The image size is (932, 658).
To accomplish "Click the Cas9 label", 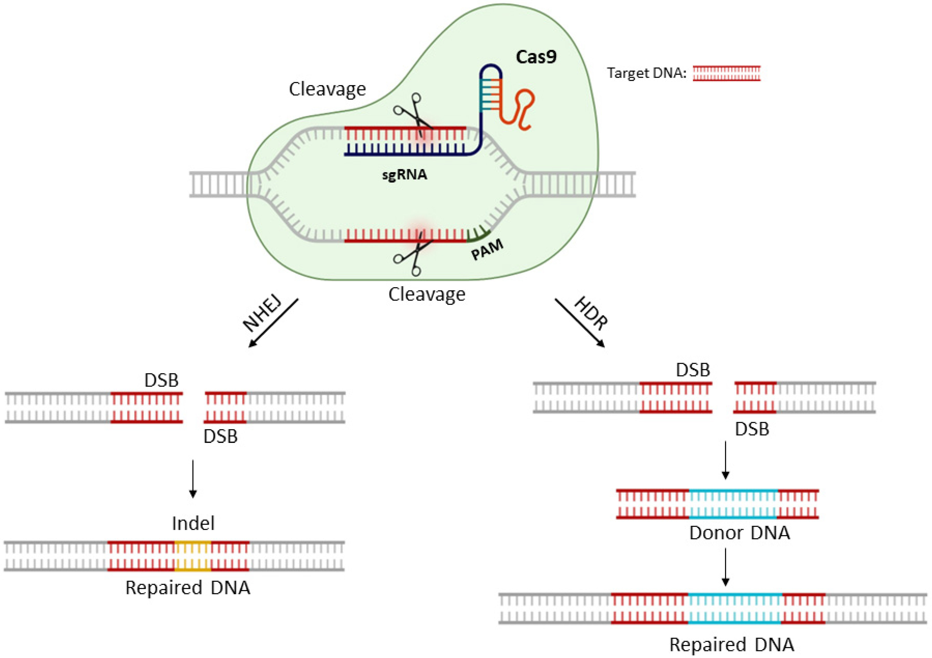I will click(536, 57).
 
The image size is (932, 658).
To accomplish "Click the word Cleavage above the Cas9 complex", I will click(327, 89).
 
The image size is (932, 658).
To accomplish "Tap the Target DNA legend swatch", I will click(726, 73).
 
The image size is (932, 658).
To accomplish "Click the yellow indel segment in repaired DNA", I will click(193, 556).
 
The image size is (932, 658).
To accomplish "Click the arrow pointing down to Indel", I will click(193, 479).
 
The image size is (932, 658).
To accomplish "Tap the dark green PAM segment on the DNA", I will click(479, 236).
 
